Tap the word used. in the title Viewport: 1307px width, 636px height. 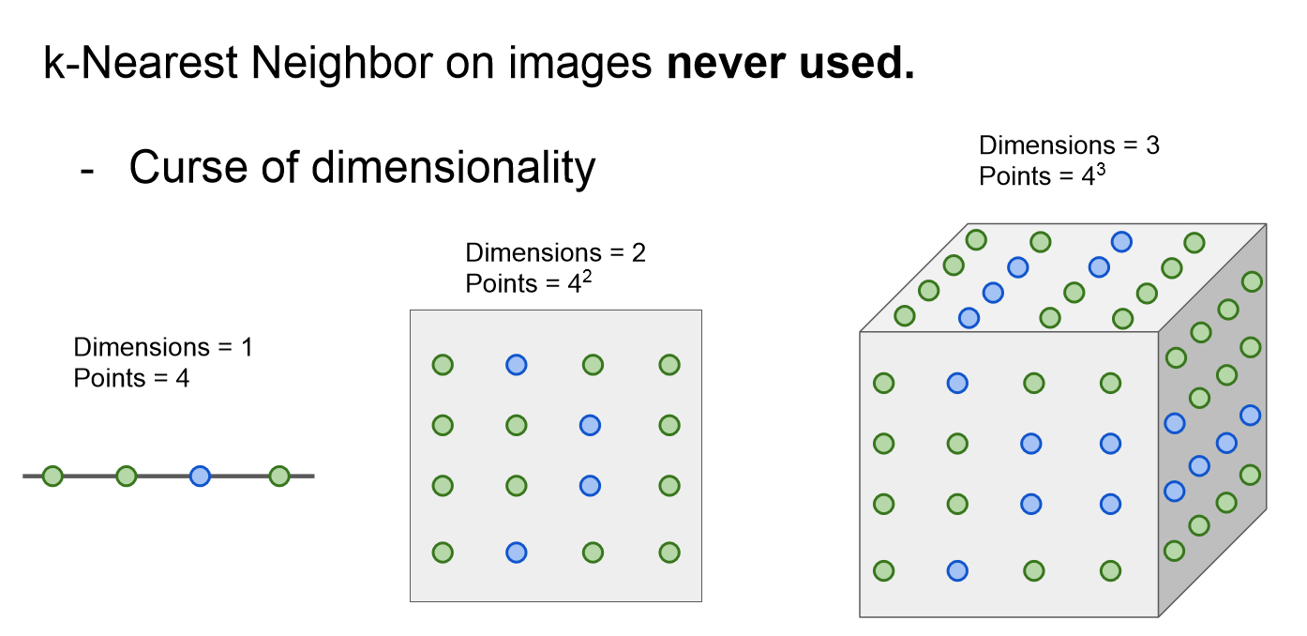861,63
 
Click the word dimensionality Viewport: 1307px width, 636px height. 454,168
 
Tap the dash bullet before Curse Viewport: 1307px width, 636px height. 88,170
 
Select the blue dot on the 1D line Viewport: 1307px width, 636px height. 200,477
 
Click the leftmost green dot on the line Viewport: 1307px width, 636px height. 53,477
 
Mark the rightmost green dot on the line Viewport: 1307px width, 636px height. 278,477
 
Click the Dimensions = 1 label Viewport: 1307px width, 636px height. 163,348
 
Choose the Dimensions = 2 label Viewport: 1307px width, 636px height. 555,252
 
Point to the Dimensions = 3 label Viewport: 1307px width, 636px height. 1069,145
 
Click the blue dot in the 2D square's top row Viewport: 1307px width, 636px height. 516,365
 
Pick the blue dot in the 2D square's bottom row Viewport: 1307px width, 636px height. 516,553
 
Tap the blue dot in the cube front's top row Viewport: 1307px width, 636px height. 956,383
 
